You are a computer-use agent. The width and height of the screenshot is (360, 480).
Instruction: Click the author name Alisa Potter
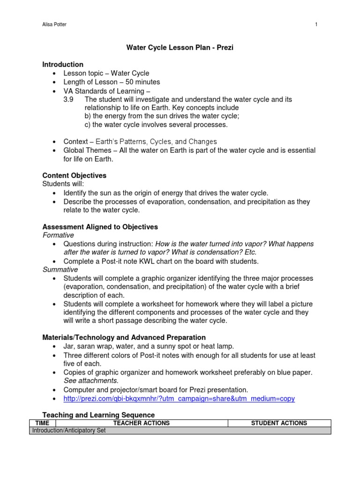coord(54,25)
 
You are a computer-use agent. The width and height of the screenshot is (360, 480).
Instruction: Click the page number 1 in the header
coord(316,25)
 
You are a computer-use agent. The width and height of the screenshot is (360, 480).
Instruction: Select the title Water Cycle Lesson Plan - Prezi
coord(179,47)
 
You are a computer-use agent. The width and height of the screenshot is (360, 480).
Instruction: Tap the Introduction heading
coord(63,64)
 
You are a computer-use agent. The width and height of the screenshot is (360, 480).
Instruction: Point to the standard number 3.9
coord(68,99)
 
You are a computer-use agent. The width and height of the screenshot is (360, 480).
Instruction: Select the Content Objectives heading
coord(74,175)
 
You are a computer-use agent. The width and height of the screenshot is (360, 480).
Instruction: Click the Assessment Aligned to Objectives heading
coord(100,227)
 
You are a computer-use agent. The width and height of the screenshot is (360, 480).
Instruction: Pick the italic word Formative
coord(58,235)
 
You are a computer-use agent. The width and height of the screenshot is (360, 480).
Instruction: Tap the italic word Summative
coord(60,270)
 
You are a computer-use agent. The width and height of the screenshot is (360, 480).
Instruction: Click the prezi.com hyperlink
coord(179,398)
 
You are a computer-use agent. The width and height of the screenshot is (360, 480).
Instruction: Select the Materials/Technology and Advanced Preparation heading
coord(124,337)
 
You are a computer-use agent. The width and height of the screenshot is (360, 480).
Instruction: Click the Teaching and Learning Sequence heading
coord(98,415)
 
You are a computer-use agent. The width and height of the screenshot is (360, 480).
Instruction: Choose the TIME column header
coord(43,423)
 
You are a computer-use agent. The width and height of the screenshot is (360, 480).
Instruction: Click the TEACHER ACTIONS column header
coord(142,423)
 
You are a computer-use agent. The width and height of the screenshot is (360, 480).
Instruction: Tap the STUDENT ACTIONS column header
coord(279,423)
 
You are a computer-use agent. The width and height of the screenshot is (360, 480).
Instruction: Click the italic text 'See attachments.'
coord(91,381)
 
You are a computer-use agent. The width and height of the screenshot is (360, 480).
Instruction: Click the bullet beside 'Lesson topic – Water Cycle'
coord(54,74)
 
